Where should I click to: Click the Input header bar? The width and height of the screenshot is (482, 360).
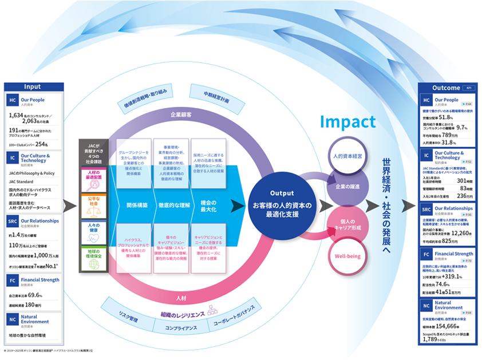click(32, 87)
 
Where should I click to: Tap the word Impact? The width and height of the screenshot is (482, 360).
click(348, 121)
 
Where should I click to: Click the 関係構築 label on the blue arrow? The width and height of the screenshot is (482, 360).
click(134, 204)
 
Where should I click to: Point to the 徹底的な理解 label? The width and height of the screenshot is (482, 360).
click(171, 204)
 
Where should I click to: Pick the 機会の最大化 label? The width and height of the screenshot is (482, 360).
click(207, 204)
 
